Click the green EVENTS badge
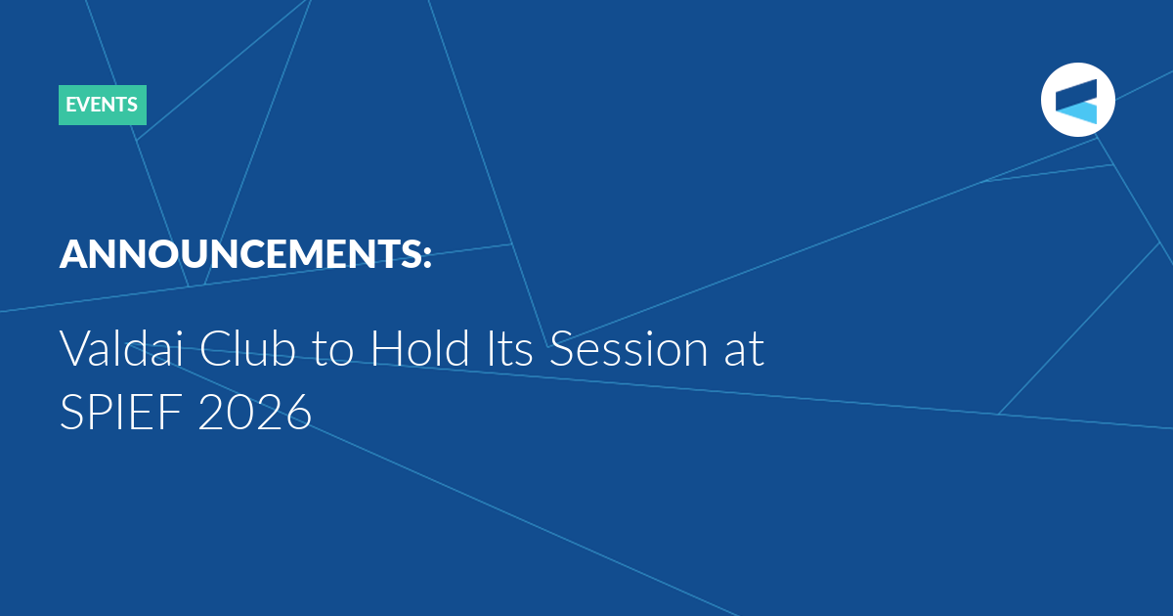(x=102, y=105)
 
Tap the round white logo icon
(x=1077, y=100)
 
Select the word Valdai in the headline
(x=121, y=348)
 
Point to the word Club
(x=247, y=348)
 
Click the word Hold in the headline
(x=420, y=348)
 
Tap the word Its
(x=509, y=348)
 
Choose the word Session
(x=629, y=348)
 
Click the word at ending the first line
(x=744, y=350)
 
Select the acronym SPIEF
(x=121, y=412)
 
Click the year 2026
(x=255, y=412)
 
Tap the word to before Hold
(x=332, y=350)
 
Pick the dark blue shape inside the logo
(x=1076, y=94)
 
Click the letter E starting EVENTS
(x=70, y=105)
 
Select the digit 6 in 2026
(x=298, y=412)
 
